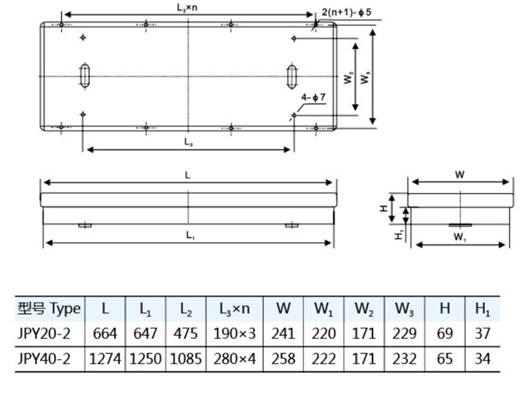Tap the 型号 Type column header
pyautogui.click(x=49, y=309)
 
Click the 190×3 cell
pyautogui.click(x=234, y=333)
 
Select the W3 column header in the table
pyautogui.click(x=404, y=309)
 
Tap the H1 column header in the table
pyautogui.click(x=482, y=309)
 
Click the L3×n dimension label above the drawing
pyautogui.click(x=188, y=6)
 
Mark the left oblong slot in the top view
pyautogui.click(x=85, y=75)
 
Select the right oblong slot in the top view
pyautogui.click(x=292, y=75)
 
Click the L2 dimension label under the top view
pyautogui.click(x=188, y=142)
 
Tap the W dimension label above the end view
pyautogui.click(x=460, y=173)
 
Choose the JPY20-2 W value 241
pyautogui.click(x=284, y=333)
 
